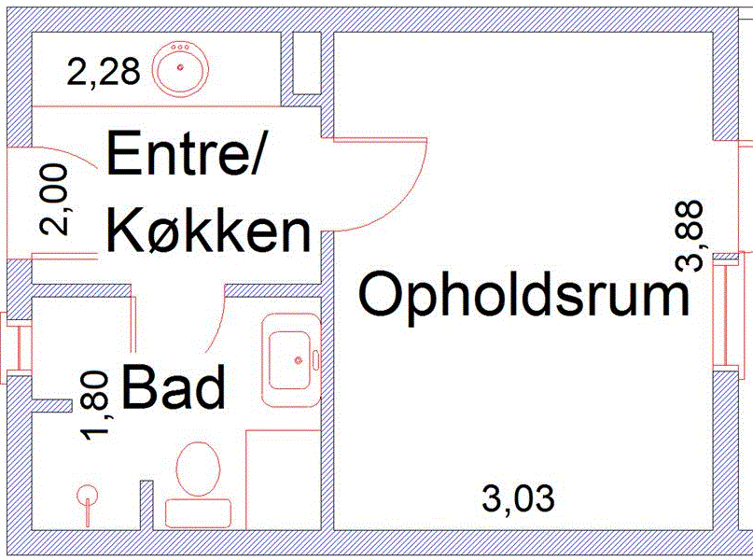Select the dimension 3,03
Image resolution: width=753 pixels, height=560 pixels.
click(x=518, y=498)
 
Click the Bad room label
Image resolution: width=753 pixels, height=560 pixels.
click(x=174, y=387)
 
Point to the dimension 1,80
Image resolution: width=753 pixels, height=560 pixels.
click(x=99, y=404)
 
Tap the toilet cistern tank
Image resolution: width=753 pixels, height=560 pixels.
click(x=198, y=512)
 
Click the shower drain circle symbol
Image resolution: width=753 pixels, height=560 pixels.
click(x=88, y=495)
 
